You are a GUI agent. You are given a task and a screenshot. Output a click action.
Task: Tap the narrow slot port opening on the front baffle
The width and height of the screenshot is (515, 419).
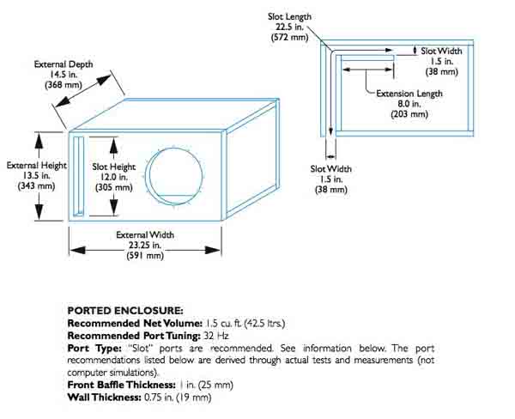(77, 176)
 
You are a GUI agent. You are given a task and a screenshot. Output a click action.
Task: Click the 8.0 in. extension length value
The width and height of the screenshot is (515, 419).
(410, 102)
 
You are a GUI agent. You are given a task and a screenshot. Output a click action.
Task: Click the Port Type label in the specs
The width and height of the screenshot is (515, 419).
(88, 349)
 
